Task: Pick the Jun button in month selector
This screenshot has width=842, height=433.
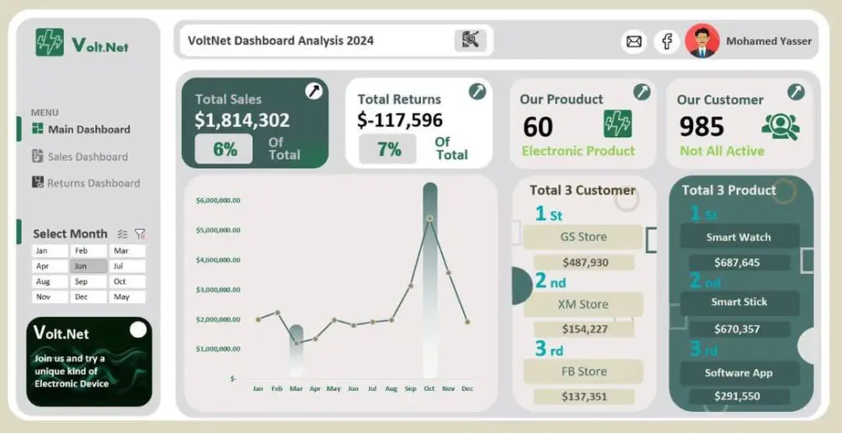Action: coord(88,266)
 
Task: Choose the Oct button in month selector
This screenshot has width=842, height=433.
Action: coord(125,281)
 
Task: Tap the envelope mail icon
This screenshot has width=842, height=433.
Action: coord(633,40)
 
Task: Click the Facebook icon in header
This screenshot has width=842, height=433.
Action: coord(666,40)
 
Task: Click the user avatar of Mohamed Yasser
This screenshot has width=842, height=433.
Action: coord(701,40)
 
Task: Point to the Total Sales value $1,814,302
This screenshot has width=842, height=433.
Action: coord(242,120)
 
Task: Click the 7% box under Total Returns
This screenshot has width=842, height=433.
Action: coord(387,150)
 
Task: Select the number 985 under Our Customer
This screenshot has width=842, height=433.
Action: coord(701,126)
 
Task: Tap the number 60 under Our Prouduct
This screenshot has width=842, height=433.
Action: coord(538,126)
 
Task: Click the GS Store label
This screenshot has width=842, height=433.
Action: coord(583,237)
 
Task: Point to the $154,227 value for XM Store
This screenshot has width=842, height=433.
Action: coord(584,329)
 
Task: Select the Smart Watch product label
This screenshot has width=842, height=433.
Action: coord(738,238)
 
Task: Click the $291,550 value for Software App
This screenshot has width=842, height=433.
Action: coord(737,396)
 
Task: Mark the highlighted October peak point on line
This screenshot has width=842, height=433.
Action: coord(429,218)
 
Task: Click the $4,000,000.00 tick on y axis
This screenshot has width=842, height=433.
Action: coord(218,259)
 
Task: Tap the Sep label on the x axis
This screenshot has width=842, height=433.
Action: coord(410,388)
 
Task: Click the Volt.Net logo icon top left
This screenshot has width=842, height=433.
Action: coord(50,42)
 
